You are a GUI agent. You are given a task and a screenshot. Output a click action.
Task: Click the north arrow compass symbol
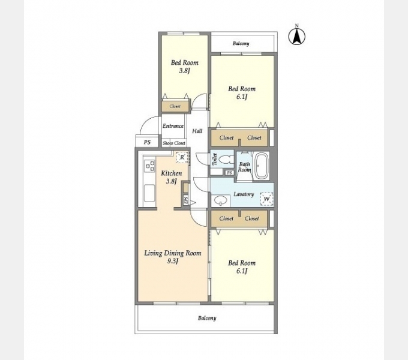pos(296,36)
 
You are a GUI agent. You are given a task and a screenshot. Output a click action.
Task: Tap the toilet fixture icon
pos(226,160)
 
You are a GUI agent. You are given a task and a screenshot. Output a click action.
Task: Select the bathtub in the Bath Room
pos(262,166)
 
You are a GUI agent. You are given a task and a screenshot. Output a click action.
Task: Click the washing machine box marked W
pos(267,199)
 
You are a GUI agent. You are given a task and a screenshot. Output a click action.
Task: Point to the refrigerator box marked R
pos(182,157)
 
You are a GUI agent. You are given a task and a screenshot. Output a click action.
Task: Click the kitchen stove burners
pos(149,166)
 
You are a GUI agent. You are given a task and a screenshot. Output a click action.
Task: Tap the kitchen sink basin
pos(149,193)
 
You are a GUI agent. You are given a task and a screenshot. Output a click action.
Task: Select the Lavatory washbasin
pos(221,200)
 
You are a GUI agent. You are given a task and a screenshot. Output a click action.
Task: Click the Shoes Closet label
pos(174,143)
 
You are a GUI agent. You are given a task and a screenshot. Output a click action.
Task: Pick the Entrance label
pos(173,126)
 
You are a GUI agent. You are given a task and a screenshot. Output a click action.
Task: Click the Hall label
pos(197,131)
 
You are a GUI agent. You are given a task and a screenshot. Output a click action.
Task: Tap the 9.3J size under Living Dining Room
pos(173,261)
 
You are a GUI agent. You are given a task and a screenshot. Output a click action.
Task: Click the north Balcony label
pos(241,43)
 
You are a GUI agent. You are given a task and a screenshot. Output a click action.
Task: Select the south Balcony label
pos(207,318)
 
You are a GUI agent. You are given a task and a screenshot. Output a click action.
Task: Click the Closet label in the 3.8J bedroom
pos(175,106)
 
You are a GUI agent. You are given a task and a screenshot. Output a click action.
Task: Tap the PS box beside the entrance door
pos(147,142)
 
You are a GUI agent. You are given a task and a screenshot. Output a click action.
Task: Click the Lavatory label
pos(244,194)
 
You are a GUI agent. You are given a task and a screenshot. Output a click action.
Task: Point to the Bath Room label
pos(245,167)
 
